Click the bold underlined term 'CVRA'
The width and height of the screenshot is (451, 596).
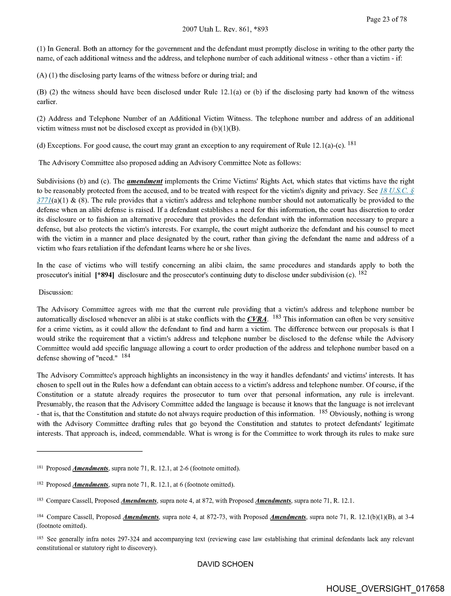pos(257,319)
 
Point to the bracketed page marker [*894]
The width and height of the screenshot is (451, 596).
pos(105,275)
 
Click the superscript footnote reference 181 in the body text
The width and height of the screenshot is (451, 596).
pos(352,144)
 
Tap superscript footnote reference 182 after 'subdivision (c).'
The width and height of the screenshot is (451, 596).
pos(362,273)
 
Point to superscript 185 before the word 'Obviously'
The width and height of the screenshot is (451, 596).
pos(323,412)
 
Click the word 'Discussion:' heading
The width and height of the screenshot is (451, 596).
pos(56,292)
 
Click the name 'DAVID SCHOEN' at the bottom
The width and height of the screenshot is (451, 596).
pos(225,564)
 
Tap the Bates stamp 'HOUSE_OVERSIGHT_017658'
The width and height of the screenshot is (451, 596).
pos(385,588)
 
